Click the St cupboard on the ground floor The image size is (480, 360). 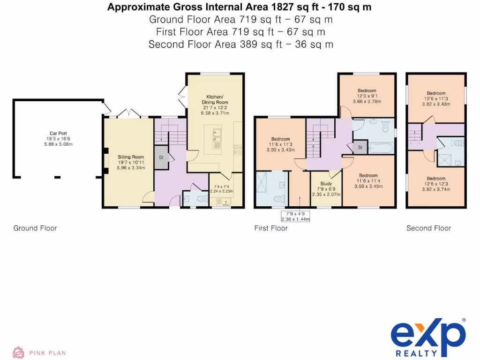[161, 157]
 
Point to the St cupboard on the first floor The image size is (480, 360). [360, 148]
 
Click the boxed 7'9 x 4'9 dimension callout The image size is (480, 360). [295, 216]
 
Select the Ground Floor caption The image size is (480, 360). [35, 228]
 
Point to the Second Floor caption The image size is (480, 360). [428, 228]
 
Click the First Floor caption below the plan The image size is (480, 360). [271, 228]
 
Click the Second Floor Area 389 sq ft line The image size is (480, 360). [240, 45]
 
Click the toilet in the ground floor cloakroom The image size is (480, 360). [202, 199]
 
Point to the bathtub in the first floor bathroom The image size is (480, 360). [380, 149]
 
